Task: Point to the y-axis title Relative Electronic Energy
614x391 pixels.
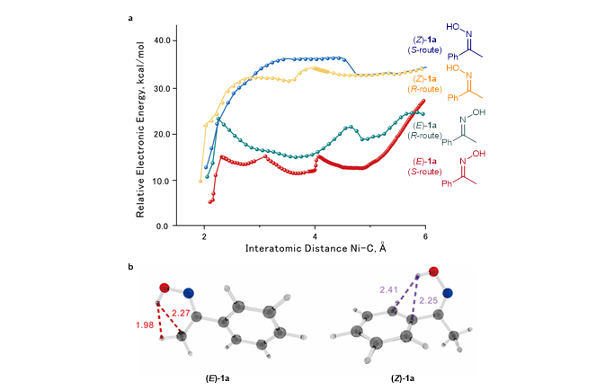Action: point(142,133)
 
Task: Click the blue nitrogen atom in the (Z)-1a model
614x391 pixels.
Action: point(447,293)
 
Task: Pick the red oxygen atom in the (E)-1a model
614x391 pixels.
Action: point(165,288)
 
